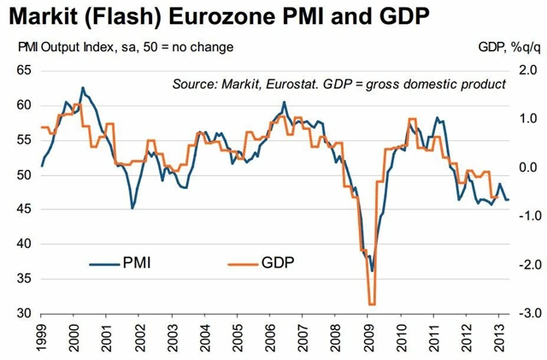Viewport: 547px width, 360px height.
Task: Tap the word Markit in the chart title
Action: coord(40,16)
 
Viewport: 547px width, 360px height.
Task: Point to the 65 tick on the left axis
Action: coord(24,72)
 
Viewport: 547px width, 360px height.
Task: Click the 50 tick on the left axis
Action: coord(24,175)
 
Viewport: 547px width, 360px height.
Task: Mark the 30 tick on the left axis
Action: coord(24,314)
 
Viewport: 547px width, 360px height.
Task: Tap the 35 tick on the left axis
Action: coord(24,280)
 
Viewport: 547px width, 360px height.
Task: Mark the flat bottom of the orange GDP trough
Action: coord(371,304)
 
